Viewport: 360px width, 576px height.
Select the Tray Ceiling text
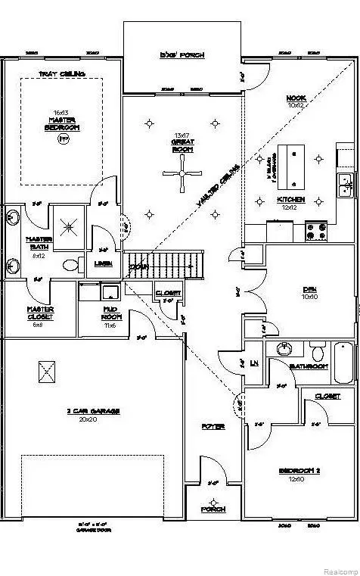pos(61,73)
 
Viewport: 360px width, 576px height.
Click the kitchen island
pos(291,167)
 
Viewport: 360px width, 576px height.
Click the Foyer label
pos(213,427)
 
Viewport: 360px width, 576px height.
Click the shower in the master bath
pos(70,225)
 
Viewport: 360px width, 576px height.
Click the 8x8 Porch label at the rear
pos(182,55)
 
